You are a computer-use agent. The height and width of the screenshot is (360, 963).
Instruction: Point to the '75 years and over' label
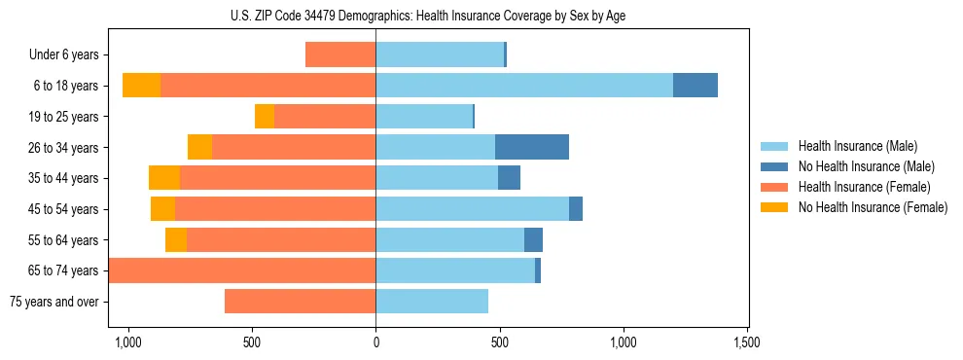(x=53, y=302)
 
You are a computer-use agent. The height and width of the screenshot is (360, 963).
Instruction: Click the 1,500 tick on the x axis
(x=747, y=342)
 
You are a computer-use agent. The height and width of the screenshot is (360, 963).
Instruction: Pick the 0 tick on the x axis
(x=375, y=342)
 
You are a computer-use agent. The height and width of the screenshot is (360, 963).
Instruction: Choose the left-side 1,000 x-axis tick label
(x=128, y=342)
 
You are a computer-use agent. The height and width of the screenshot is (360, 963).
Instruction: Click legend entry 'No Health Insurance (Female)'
(x=872, y=207)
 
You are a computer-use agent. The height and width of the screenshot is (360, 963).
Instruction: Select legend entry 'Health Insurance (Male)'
(x=858, y=146)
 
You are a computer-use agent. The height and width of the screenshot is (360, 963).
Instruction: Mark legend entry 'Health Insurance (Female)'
(x=864, y=187)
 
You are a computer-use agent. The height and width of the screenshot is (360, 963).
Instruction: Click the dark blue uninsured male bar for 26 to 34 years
(x=532, y=147)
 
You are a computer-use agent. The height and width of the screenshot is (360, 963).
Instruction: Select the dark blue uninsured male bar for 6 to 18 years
(x=695, y=86)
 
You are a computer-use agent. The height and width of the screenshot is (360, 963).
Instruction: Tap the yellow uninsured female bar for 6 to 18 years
(x=141, y=86)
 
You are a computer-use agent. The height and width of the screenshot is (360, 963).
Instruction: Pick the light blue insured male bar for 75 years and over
(x=432, y=302)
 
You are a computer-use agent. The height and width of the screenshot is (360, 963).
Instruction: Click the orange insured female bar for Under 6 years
(x=340, y=54)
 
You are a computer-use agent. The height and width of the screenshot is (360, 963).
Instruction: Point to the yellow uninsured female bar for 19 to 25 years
(x=265, y=117)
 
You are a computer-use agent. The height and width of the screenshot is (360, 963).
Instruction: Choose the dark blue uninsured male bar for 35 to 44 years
(x=509, y=178)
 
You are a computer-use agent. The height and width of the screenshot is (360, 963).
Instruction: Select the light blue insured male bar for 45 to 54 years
(x=472, y=209)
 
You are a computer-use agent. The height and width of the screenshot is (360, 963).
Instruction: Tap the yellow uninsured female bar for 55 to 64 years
(x=176, y=240)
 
